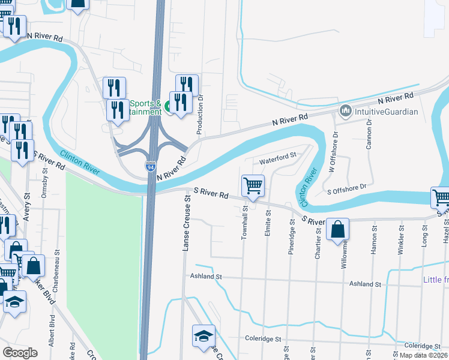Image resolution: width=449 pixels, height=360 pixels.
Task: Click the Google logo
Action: click(20, 353)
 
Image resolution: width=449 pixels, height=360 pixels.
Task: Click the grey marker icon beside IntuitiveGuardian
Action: click(345, 111)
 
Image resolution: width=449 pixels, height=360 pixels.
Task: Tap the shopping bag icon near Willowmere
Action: click(339, 229)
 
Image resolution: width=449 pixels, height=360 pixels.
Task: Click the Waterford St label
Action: click(278, 158)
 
